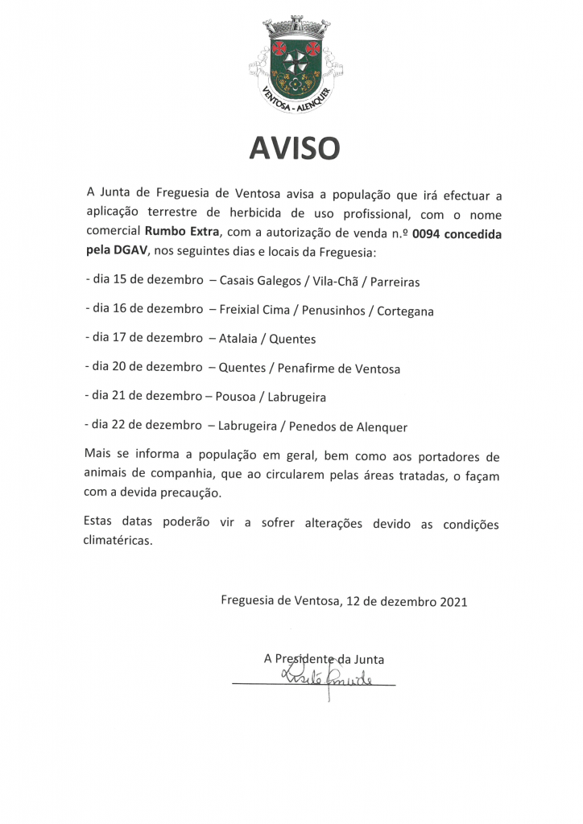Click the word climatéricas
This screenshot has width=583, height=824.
[118, 542]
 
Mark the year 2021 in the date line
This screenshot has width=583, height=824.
[453, 601]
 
